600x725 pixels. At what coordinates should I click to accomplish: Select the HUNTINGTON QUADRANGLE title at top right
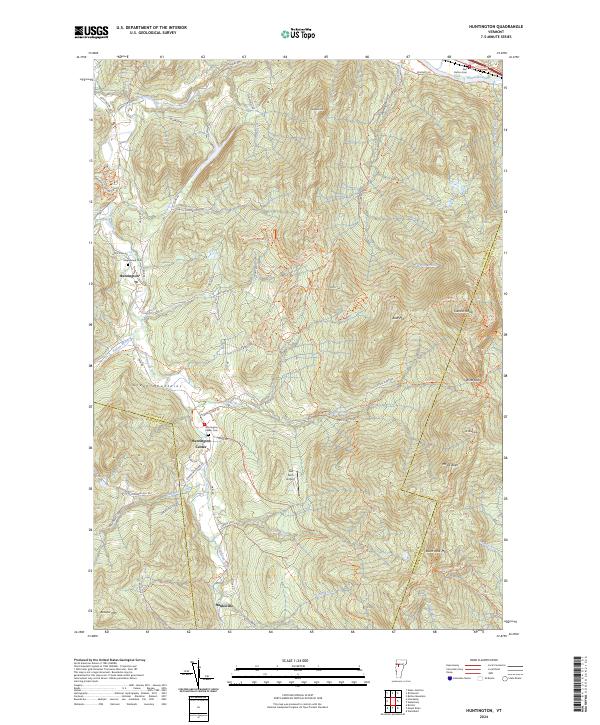(x=481, y=27)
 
